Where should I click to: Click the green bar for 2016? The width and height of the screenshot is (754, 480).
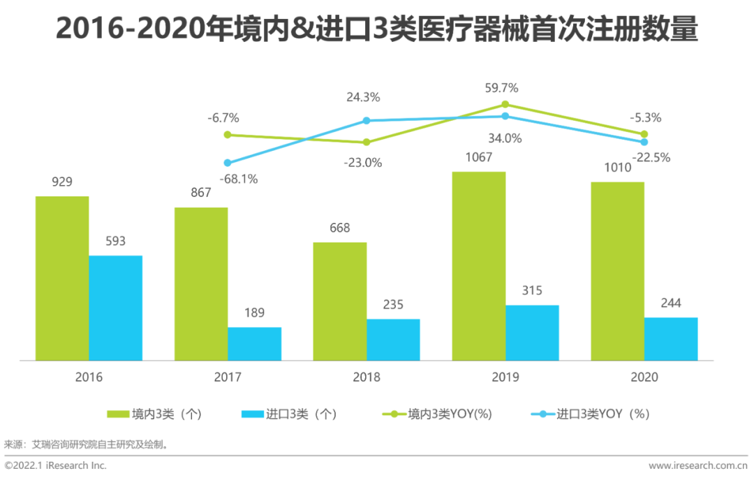click(62, 278)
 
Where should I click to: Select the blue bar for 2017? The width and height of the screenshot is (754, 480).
click(254, 344)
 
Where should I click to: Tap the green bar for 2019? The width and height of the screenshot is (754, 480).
click(479, 266)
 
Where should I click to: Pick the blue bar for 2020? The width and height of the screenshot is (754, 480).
click(671, 339)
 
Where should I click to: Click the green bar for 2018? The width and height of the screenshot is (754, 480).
click(340, 301)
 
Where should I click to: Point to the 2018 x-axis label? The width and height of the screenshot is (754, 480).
click(367, 377)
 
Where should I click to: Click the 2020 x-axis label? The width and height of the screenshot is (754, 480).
click(644, 377)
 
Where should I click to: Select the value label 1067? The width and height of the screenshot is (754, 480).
click(478, 157)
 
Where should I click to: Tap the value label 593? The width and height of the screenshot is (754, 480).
click(115, 241)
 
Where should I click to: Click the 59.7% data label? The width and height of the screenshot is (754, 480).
click(505, 88)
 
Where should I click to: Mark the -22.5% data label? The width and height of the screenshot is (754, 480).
click(651, 158)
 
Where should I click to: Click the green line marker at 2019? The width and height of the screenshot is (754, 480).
click(505, 105)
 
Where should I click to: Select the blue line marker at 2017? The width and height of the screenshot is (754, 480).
click(228, 162)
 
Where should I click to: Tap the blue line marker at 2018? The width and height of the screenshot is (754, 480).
click(367, 121)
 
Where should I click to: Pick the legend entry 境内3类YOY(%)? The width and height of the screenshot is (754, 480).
click(440, 414)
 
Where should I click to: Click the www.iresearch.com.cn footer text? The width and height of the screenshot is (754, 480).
click(698, 465)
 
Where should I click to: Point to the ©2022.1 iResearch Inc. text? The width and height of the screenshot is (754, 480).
click(55, 465)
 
